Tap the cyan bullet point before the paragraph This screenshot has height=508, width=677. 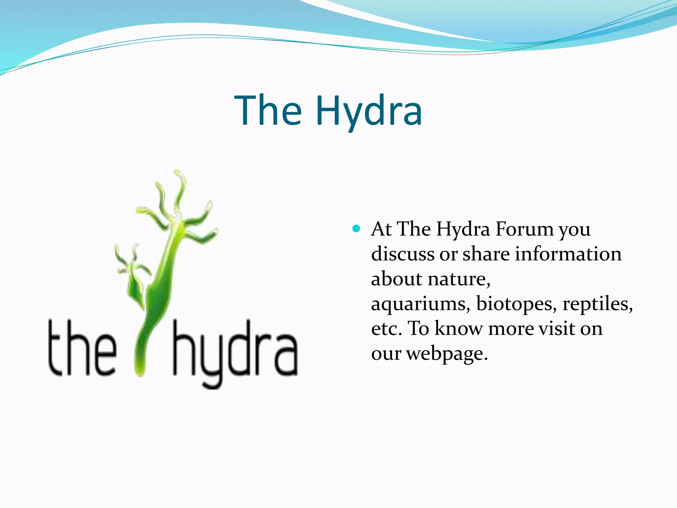[x=356, y=229]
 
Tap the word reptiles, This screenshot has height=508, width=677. [x=597, y=304]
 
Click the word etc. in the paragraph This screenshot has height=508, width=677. [x=386, y=329]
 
